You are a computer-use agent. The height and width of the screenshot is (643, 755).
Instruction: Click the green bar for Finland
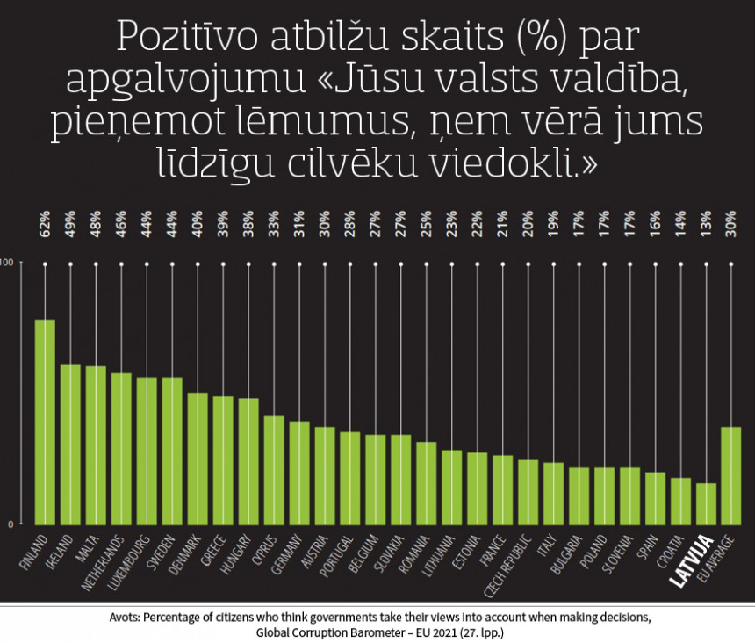(x=45, y=422)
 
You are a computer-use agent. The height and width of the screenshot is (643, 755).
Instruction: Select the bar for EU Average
(x=730, y=475)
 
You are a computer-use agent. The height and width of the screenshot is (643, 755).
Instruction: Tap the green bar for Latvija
(x=706, y=503)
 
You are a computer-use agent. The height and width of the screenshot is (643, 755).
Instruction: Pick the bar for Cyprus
(x=274, y=470)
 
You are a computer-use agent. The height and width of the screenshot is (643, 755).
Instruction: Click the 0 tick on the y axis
(x=11, y=524)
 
